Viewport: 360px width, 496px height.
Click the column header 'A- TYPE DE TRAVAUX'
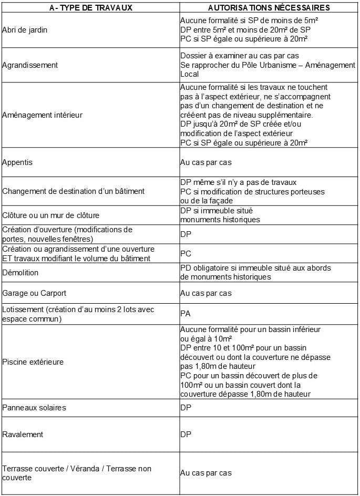[x=90, y=7]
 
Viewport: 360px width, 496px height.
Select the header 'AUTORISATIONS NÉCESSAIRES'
[x=269, y=7]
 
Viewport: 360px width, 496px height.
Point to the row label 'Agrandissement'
[x=30, y=65]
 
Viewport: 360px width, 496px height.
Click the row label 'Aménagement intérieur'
[x=43, y=115]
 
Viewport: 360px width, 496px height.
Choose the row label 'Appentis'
[x=17, y=162]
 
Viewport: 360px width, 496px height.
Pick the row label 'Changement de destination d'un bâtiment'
[x=74, y=191]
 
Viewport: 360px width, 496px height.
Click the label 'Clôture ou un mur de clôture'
[x=51, y=215]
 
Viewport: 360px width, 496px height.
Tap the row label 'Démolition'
[x=20, y=273]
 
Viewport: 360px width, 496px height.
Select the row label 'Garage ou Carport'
[x=35, y=293]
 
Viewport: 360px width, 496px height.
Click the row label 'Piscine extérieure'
[x=33, y=362]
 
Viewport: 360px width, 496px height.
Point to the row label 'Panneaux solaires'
[x=34, y=408]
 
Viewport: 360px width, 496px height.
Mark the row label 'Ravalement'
[x=23, y=435]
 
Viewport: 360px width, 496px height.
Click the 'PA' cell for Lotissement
[x=185, y=314]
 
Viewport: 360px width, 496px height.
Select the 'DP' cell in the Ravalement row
[x=186, y=435]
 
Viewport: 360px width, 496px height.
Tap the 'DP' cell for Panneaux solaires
[x=186, y=408]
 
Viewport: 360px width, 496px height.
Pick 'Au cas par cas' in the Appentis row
[x=205, y=162]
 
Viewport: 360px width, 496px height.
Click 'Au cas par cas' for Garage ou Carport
[x=205, y=293]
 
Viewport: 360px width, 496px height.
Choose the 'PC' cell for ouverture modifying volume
[x=186, y=253]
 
